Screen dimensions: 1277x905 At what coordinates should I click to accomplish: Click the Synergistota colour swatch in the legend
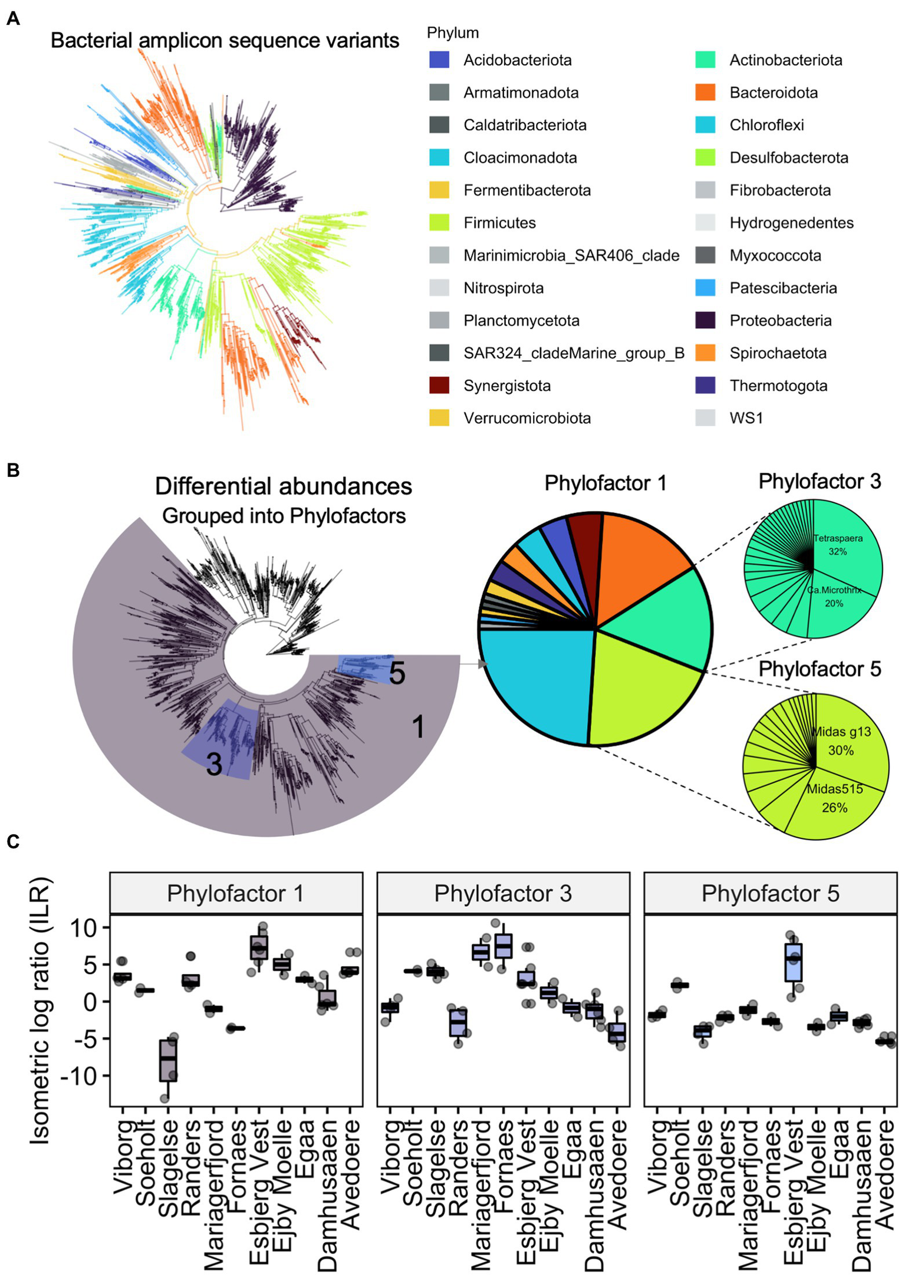pos(439,386)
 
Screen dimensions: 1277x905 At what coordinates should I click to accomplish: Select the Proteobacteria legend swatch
pos(705,320)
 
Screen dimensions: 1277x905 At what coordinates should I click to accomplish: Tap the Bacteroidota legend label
pos(774,93)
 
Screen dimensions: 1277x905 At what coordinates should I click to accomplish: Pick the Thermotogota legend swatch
pos(705,386)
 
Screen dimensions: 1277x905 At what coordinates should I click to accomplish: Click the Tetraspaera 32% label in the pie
pos(838,545)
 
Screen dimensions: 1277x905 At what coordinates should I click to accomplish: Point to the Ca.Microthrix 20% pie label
pos(834,596)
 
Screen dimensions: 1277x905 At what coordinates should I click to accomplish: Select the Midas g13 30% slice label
pos(841,741)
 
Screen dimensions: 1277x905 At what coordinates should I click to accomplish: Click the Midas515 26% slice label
pos(835,798)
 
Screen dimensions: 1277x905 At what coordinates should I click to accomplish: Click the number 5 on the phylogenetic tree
pos(397,673)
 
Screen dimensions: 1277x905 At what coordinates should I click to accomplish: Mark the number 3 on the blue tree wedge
pos(214,765)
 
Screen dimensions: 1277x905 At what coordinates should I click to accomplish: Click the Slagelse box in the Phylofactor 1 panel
pos(168,1059)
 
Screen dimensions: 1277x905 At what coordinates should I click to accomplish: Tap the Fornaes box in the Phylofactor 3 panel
pos(503,946)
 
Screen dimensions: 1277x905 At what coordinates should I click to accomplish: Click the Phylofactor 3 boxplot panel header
pos(503,893)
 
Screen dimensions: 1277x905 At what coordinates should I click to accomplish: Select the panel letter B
pos(13,470)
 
